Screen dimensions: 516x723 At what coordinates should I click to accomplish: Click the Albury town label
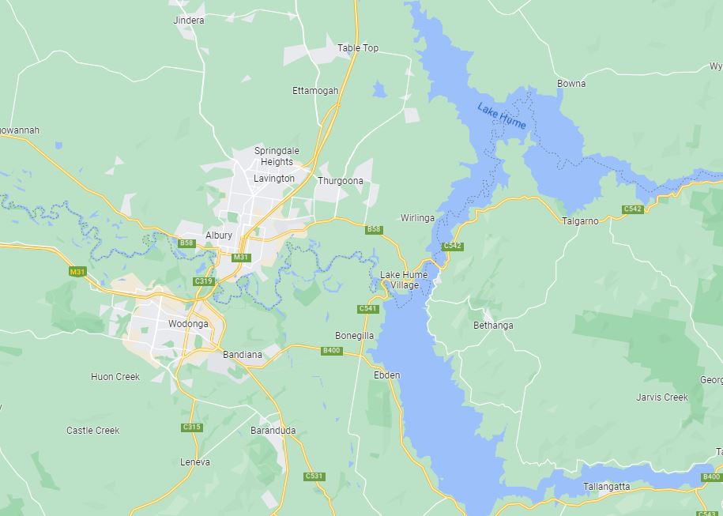click(x=219, y=235)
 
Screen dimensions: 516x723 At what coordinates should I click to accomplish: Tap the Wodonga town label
click(x=188, y=324)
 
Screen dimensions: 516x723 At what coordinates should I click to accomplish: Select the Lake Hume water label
click(x=502, y=116)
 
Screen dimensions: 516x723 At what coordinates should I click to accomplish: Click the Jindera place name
click(x=188, y=21)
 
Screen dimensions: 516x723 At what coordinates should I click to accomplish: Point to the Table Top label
click(x=358, y=48)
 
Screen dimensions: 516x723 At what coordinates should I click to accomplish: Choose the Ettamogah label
click(x=315, y=91)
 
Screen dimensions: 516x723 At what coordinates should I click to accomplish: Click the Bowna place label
click(x=571, y=84)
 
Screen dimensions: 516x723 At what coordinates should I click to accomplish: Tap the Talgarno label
click(x=580, y=221)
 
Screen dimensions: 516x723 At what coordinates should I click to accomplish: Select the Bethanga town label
click(x=493, y=326)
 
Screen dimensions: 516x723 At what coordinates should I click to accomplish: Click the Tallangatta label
click(x=607, y=487)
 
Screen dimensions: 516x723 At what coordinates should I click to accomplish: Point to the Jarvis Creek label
click(x=662, y=397)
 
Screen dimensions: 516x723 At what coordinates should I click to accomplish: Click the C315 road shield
click(x=192, y=427)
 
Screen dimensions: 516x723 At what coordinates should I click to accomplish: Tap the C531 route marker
click(x=314, y=476)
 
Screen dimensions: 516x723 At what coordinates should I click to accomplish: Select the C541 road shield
click(x=367, y=308)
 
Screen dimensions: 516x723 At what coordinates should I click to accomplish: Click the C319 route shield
click(x=203, y=281)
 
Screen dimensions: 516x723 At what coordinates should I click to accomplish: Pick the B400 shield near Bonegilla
click(x=331, y=351)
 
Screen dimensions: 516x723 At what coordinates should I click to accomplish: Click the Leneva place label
click(x=195, y=462)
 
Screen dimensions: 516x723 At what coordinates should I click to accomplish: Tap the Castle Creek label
click(x=93, y=431)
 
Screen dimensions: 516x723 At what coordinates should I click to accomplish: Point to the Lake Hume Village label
click(x=404, y=280)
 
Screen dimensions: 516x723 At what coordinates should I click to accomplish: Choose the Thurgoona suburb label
click(x=341, y=181)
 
